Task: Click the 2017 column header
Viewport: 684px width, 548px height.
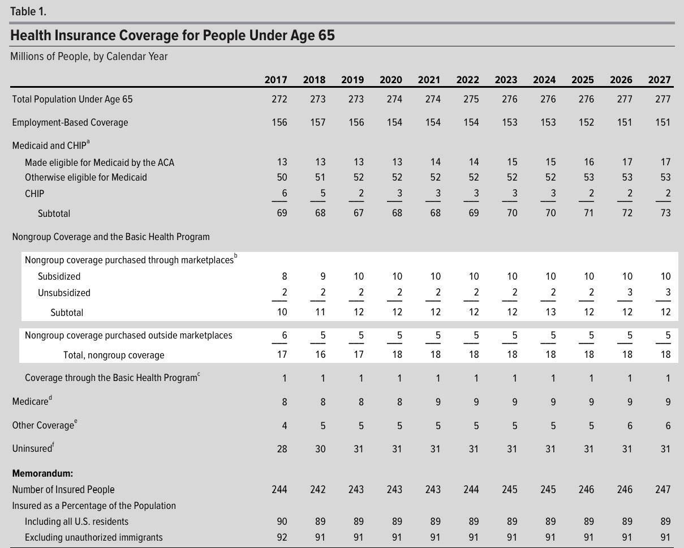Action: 276,80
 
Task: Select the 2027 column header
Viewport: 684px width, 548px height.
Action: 659,80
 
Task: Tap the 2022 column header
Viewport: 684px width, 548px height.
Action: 467,80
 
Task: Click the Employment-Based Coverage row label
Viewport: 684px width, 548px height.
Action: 70,122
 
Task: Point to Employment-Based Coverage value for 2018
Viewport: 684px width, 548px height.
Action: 318,122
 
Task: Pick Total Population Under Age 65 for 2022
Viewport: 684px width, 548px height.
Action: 471,99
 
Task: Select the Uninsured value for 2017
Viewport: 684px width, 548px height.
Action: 282,449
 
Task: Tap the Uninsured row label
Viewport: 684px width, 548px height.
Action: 33,448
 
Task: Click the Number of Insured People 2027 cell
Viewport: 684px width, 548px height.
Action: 663,490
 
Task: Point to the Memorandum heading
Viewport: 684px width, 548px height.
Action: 42,473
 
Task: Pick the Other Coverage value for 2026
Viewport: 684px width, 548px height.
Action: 630,426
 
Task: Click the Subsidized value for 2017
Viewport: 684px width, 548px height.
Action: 285,276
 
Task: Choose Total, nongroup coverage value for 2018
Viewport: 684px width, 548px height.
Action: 320,355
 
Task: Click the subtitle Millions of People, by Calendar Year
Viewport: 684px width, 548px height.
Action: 89,57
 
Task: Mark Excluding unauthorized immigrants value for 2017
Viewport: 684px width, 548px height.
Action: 282,537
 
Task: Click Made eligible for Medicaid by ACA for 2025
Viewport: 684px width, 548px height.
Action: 589,162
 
